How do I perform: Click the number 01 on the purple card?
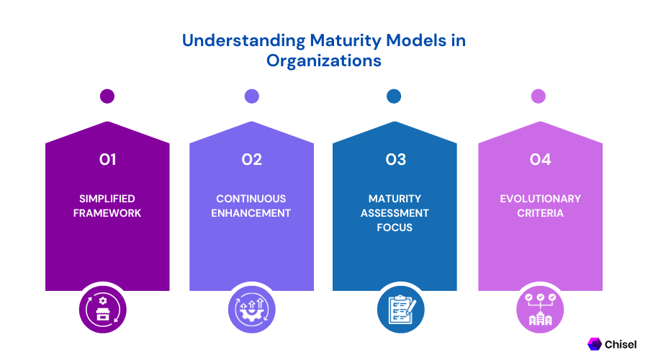tap(107, 160)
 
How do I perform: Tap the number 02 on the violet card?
tap(252, 160)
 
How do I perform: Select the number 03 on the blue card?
tap(396, 160)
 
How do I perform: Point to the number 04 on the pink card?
tap(540, 160)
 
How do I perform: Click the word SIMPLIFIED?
tap(107, 199)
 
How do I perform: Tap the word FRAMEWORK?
tap(107, 213)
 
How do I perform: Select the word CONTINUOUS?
tap(251, 199)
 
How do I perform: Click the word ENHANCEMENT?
tap(251, 213)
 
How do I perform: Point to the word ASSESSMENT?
tap(395, 213)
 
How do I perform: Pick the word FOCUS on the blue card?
tap(395, 228)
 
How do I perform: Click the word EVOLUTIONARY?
tap(540, 199)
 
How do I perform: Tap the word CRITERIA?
tap(540, 213)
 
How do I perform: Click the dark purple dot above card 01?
tap(107, 96)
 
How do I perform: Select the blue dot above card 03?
tap(394, 96)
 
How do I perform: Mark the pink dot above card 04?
tap(538, 96)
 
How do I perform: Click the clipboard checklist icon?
tap(401, 309)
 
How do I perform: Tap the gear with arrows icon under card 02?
tap(252, 309)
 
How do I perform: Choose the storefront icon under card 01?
tap(103, 309)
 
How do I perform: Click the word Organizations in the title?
tap(323, 60)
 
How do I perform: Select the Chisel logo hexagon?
tap(594, 344)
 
